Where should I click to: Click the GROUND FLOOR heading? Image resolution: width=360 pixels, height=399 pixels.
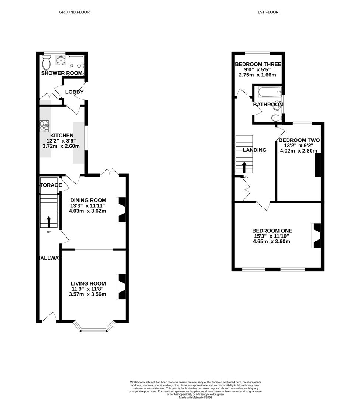coord(74,12)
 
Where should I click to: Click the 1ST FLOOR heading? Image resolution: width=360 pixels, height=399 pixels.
coord(268,12)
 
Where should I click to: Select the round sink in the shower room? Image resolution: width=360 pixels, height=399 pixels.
coord(61,60)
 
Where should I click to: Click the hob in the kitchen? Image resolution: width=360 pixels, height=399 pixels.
coord(44,126)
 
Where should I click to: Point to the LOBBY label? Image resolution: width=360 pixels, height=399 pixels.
coord(74,92)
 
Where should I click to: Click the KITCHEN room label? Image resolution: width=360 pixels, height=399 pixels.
coord(64,136)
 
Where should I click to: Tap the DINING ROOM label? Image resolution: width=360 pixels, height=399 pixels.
coord(88,200)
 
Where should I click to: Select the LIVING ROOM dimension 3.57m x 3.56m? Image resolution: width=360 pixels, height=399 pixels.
coord(88,294)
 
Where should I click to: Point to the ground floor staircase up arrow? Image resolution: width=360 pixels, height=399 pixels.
coord(49,222)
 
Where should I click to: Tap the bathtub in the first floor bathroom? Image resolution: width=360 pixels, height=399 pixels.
coord(270,92)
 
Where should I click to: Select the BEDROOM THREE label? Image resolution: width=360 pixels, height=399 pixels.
coord(258,64)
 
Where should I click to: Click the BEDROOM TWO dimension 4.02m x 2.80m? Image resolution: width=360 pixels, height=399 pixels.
coord(298,151)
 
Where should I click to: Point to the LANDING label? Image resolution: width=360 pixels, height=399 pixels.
coord(254,150)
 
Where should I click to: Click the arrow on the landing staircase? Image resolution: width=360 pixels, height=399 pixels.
coord(244,167)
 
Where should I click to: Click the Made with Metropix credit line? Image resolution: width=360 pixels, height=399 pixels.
coord(196,397)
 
